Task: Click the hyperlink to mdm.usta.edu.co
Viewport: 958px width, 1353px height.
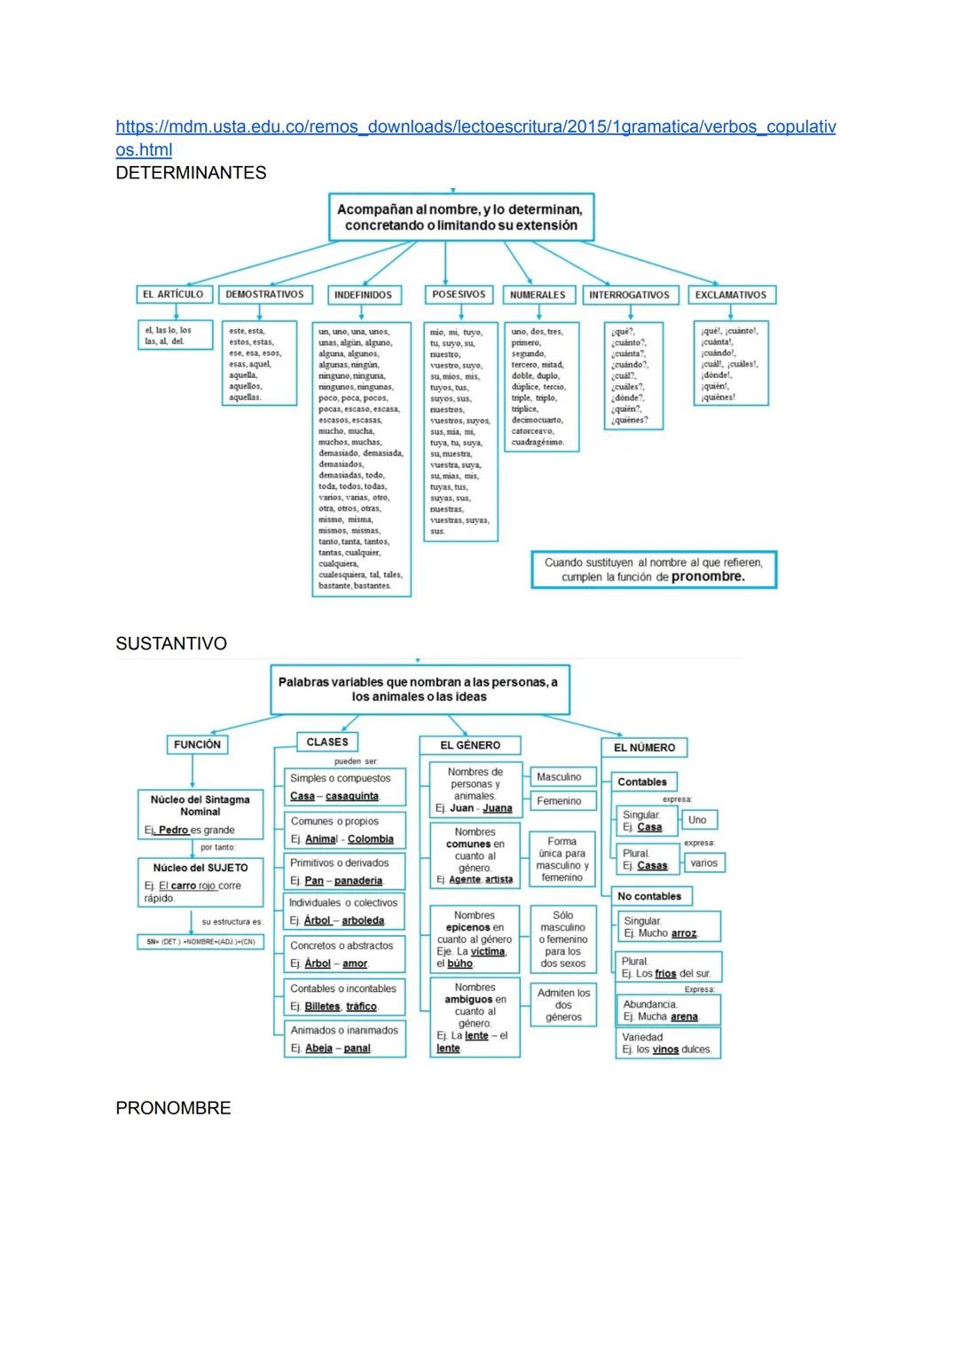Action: click(475, 127)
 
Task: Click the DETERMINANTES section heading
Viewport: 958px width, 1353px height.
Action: click(191, 173)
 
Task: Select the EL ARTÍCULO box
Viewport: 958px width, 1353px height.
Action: click(173, 295)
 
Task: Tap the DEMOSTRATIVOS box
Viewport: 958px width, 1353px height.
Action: click(264, 295)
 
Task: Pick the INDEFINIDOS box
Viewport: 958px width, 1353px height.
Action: click(363, 295)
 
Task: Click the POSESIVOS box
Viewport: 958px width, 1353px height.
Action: click(459, 295)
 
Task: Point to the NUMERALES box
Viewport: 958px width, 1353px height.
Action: click(538, 295)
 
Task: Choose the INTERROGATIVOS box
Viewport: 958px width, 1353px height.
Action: click(629, 295)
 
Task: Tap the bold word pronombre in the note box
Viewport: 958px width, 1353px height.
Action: click(708, 577)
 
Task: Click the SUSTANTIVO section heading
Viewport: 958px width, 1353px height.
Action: click(171, 644)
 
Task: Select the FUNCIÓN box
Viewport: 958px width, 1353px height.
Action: click(197, 745)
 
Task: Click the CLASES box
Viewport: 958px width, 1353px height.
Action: click(327, 743)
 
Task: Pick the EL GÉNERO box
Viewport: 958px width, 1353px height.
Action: click(470, 746)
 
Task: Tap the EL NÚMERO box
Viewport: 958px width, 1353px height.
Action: click(644, 748)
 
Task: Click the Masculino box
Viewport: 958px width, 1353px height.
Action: click(559, 777)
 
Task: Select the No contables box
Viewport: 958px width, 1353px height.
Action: click(649, 897)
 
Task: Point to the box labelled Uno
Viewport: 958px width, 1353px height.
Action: click(697, 820)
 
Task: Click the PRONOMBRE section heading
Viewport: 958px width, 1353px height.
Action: click(173, 1109)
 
